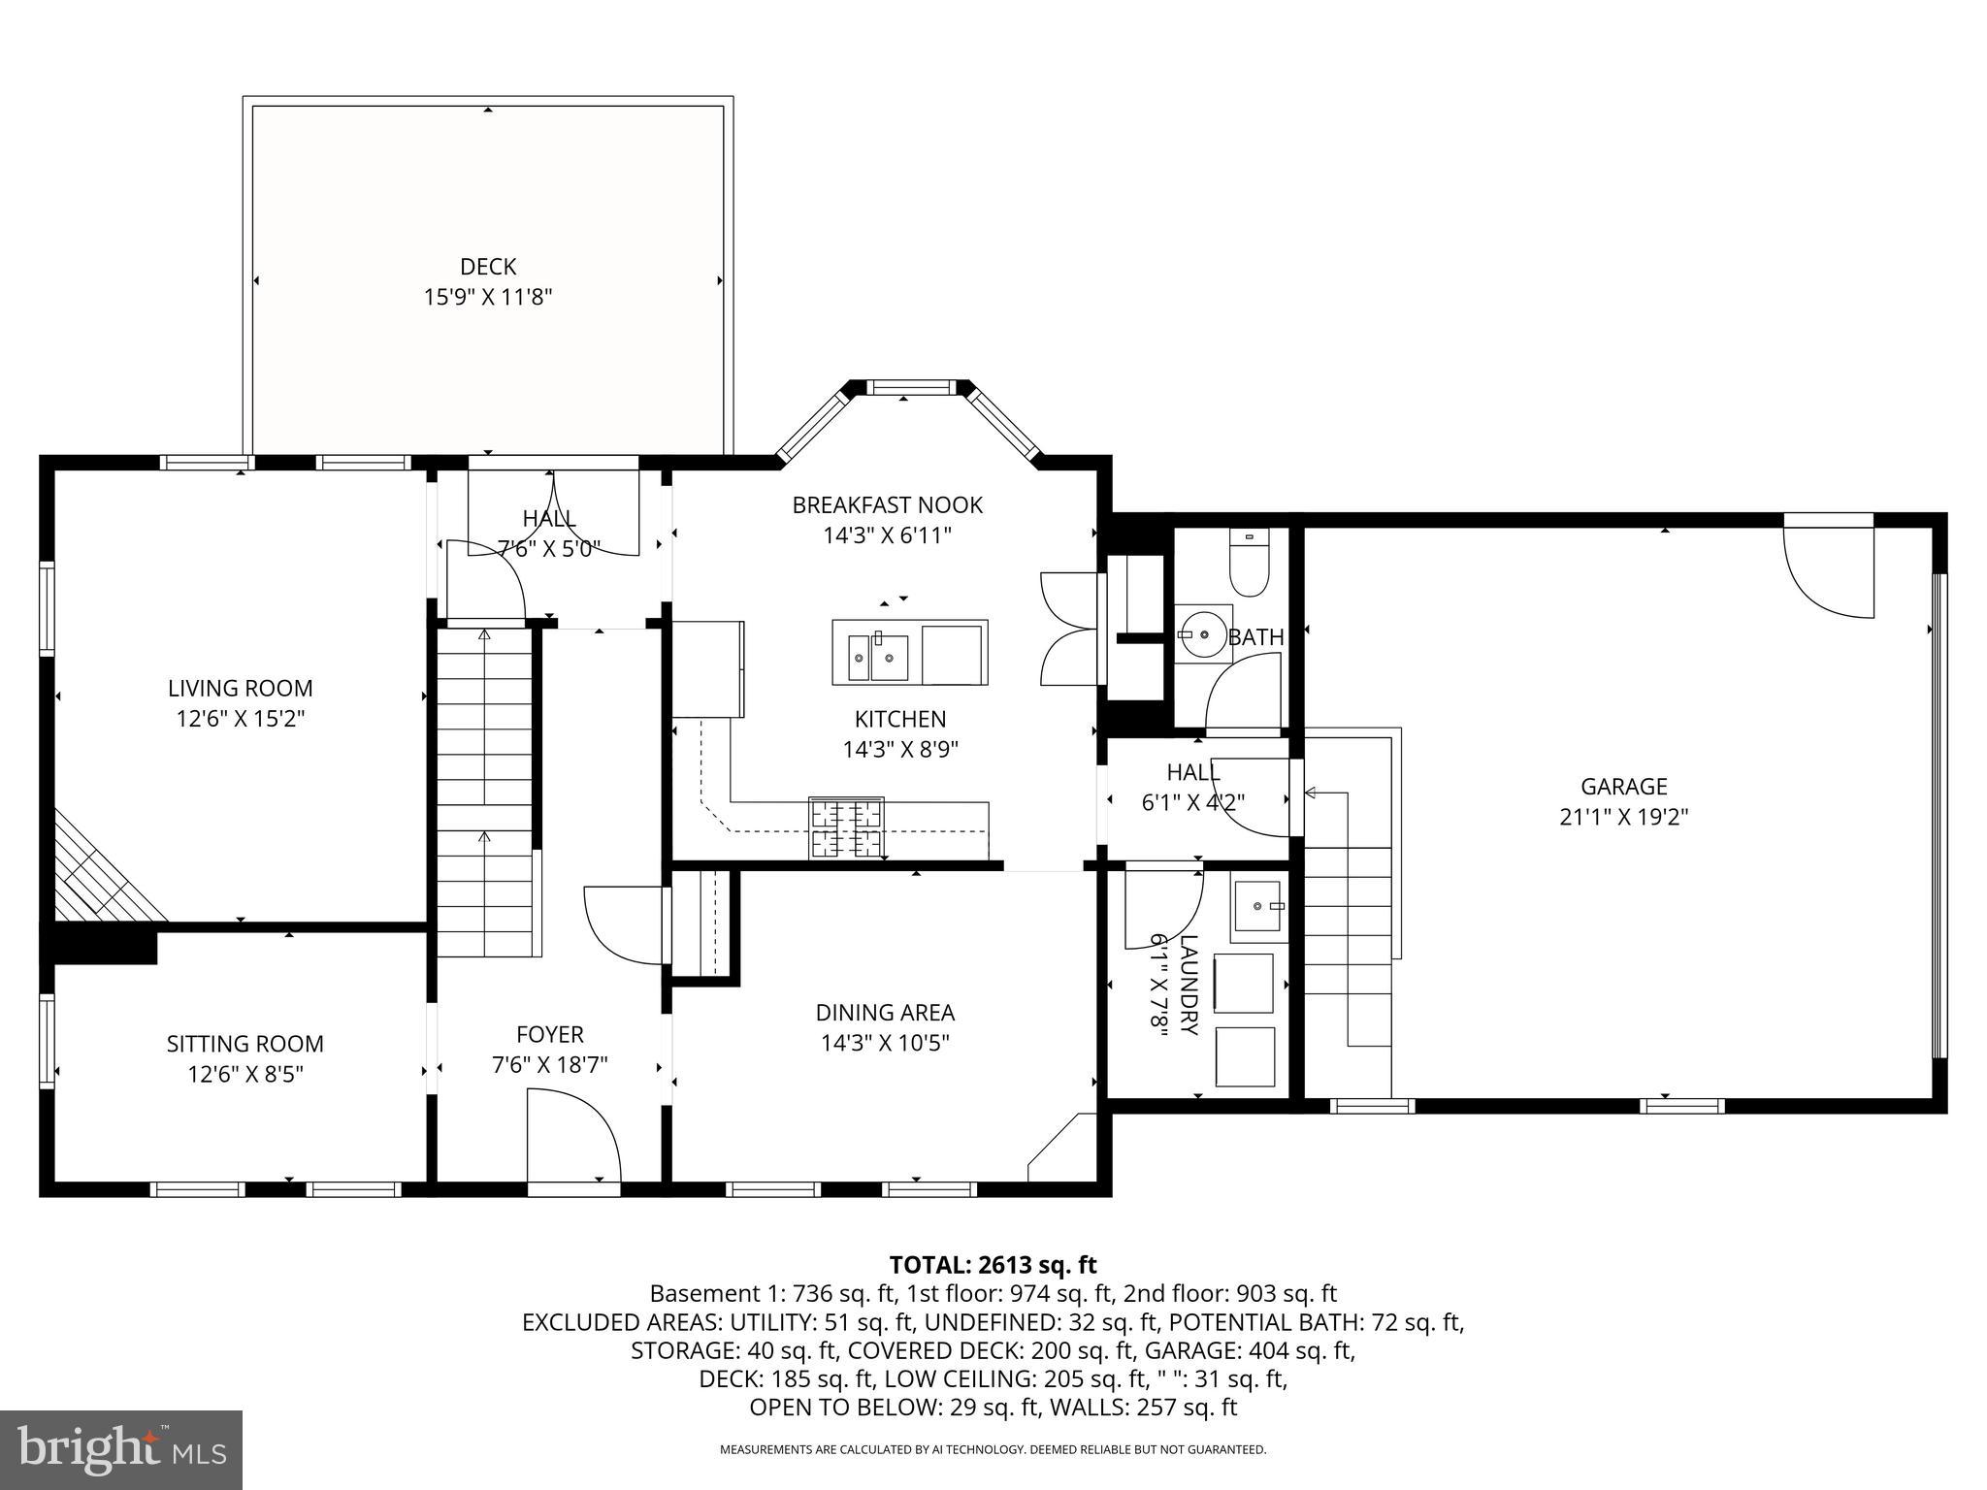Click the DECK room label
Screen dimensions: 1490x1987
pos(487,266)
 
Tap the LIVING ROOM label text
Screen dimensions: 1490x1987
pos(241,688)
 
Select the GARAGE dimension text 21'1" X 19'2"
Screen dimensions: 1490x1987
pos(1623,817)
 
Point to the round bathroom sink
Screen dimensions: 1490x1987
pos(1203,634)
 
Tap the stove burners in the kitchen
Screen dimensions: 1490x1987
pos(847,827)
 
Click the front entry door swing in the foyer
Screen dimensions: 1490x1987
pos(572,1136)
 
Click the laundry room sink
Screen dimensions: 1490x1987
pos(1259,906)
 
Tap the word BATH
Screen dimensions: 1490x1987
pos(1255,637)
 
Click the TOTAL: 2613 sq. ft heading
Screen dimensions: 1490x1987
pos(993,1265)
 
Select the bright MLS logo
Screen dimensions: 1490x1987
pos(121,1449)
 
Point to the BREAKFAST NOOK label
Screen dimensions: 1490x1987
pos(887,504)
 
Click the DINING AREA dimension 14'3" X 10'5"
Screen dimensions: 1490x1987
pos(885,1043)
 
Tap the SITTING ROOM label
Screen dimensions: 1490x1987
pos(244,1044)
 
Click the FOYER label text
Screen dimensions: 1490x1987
pos(549,1034)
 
